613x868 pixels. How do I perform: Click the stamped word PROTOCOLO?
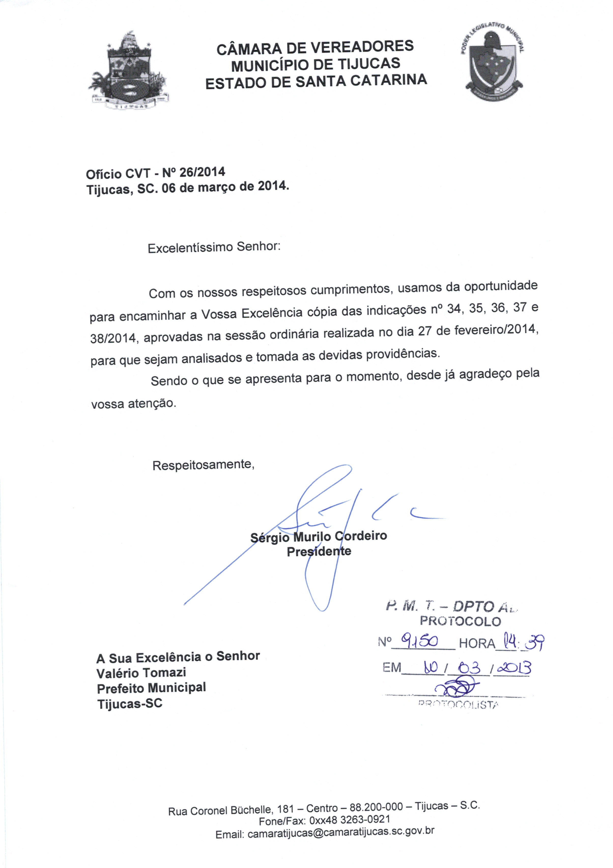coord(460,621)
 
